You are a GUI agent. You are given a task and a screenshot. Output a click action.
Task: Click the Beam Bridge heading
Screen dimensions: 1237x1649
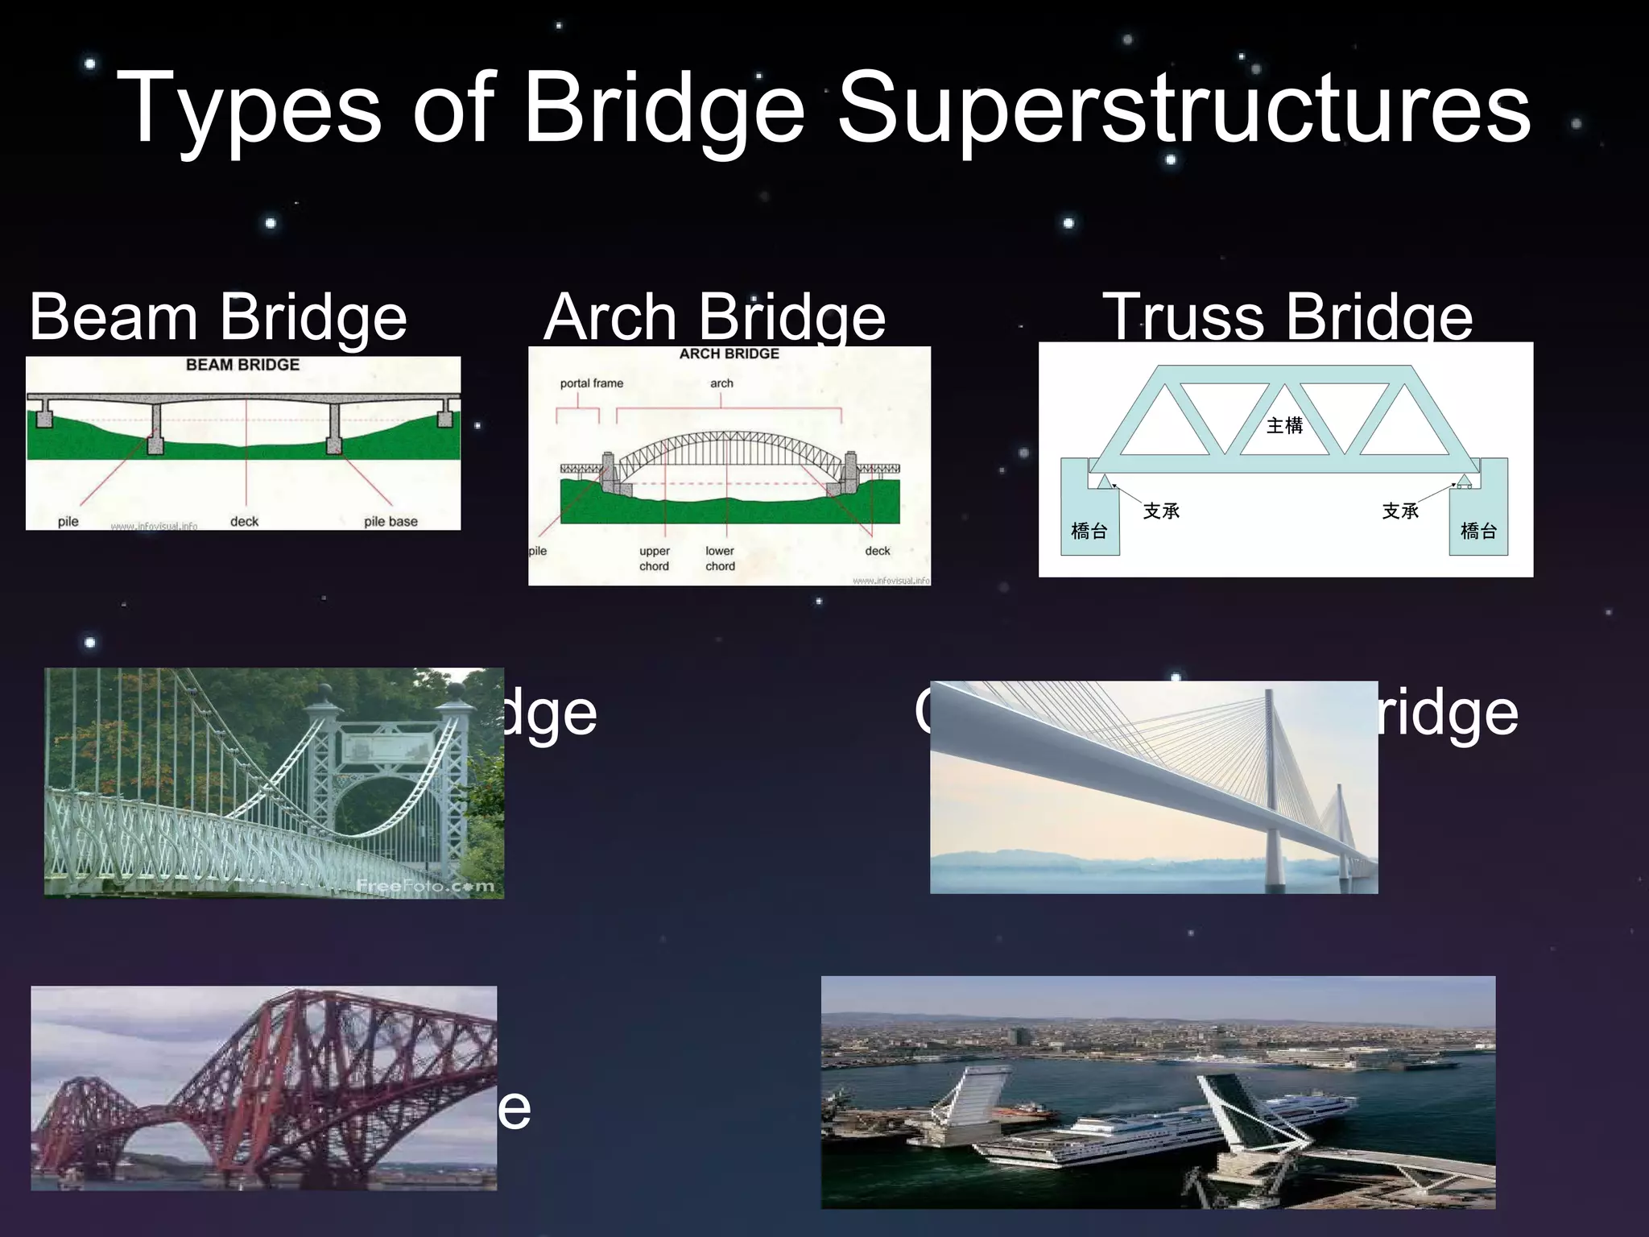pos(218,317)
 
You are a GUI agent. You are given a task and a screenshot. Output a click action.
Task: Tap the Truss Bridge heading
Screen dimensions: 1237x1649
pos(1287,317)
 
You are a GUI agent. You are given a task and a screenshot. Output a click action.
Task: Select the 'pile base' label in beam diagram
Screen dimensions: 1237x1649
pos(391,521)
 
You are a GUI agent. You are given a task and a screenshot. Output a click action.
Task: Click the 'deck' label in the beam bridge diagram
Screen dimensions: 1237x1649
pos(244,521)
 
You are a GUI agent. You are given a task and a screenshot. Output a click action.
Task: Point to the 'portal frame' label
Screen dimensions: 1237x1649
pos(591,383)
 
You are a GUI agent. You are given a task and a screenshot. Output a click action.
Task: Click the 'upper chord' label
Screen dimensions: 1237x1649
pos(654,558)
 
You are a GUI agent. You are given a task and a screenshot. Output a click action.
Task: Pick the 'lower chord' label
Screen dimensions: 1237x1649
pos(720,558)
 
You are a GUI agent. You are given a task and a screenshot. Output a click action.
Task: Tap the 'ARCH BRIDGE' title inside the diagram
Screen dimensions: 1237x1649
pos(729,354)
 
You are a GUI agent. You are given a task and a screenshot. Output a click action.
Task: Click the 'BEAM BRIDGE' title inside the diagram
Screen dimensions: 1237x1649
pos(242,365)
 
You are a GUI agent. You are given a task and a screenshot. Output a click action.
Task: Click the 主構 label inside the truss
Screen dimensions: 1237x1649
pos(1284,425)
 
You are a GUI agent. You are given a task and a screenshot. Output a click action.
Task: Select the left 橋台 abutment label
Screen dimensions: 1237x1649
pos(1089,531)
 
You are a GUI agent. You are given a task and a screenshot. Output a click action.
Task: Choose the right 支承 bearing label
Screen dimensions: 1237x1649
pos(1400,511)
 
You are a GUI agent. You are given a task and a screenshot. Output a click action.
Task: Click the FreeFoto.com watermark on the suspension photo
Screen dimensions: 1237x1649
pos(425,886)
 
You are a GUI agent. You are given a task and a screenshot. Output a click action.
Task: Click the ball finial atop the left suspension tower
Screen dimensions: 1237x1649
pos(324,693)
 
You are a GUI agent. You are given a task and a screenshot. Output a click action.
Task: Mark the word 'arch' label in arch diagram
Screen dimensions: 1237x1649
pos(721,383)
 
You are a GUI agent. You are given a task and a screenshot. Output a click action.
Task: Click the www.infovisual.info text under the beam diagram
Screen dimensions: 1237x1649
pos(154,526)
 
